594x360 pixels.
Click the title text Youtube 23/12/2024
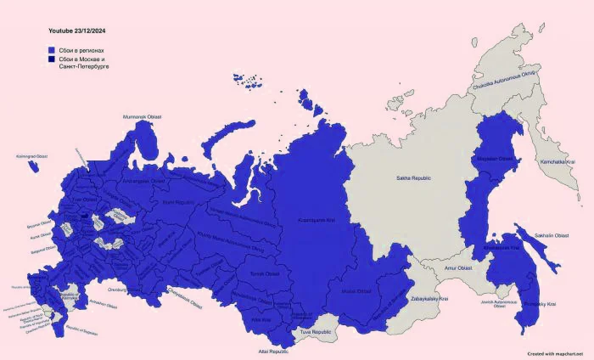[76, 31]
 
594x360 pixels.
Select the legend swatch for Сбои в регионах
[52, 50]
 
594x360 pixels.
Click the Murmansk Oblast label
[142, 116]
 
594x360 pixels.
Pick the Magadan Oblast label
[493, 158]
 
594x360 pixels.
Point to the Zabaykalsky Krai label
[429, 299]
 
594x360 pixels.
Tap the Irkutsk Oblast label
[357, 290]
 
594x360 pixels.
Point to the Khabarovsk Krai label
[501, 248]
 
